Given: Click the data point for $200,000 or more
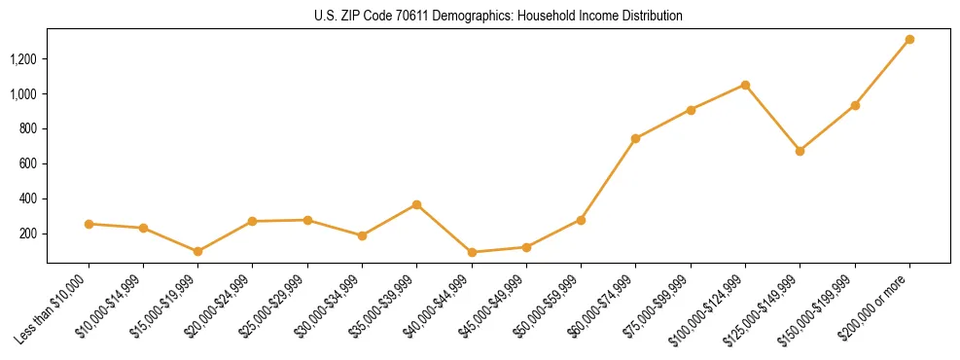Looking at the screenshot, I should click(x=909, y=40).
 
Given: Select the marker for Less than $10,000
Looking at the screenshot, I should click(x=89, y=224).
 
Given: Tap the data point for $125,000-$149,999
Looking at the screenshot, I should click(x=800, y=151).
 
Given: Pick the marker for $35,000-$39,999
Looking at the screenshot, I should click(x=416, y=204).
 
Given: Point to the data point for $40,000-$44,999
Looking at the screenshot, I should click(x=472, y=252).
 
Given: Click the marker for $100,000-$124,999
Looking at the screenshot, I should click(x=745, y=85).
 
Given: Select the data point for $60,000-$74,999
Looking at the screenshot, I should click(x=635, y=138).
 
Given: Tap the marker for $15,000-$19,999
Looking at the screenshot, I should click(x=197, y=251).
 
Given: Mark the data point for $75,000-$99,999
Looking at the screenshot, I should click(x=691, y=110).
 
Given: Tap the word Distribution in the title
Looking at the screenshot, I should click(x=653, y=17).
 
